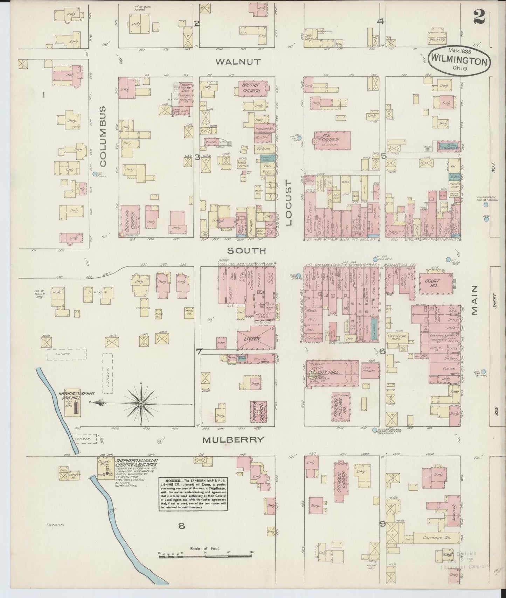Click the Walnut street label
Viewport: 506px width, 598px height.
(x=238, y=62)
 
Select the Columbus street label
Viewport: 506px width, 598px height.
(x=102, y=141)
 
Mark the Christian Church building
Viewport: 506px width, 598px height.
(x=130, y=220)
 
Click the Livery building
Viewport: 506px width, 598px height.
(x=255, y=338)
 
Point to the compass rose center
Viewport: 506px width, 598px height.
(x=141, y=404)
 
